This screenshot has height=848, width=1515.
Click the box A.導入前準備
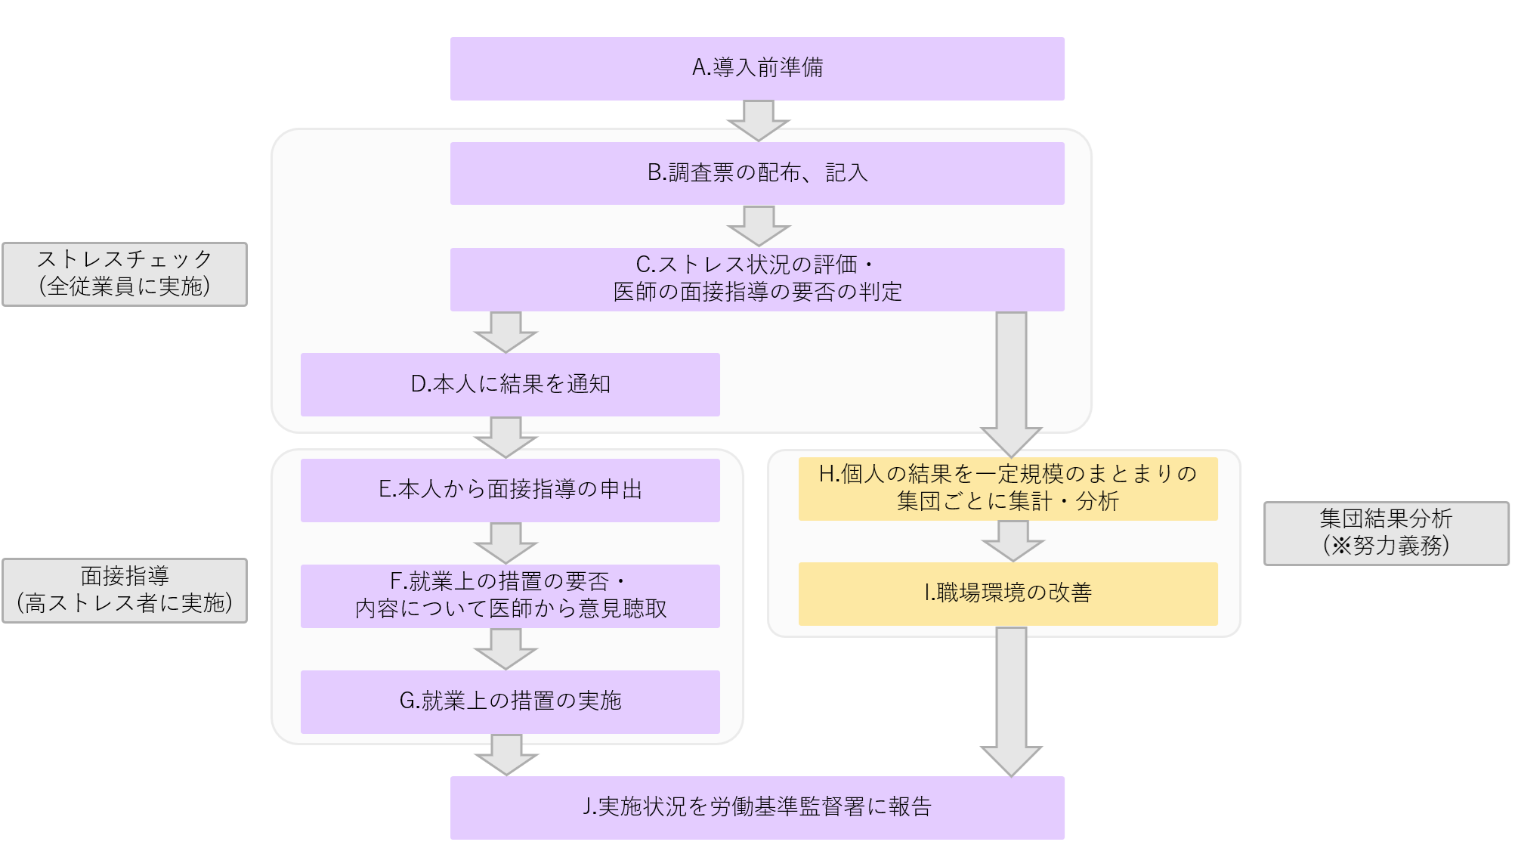coord(757,69)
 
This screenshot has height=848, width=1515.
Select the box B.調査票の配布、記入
coord(757,173)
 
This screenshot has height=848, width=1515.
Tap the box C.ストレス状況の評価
coord(757,279)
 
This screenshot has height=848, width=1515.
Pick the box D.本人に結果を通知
coord(510,384)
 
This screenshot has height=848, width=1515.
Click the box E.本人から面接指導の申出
coord(510,490)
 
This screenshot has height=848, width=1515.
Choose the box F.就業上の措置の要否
coord(510,596)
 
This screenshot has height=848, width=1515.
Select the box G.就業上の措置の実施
coord(510,701)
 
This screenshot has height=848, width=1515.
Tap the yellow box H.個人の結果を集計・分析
coord(1008,488)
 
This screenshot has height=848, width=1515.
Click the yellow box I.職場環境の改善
coord(1008,593)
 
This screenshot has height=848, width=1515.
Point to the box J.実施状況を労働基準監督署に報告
coord(757,807)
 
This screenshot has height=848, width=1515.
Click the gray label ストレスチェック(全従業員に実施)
coord(125,274)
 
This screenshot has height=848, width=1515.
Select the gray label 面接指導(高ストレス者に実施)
coord(125,590)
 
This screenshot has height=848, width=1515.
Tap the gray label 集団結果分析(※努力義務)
coord(1386,533)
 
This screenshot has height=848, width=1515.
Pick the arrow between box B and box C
coord(758,225)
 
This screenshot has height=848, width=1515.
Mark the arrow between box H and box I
coord(1013,540)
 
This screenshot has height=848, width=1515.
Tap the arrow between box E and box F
coord(506,543)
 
